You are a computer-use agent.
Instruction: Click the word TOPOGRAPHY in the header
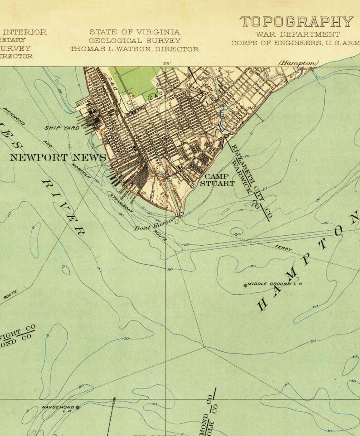[x=297, y=22]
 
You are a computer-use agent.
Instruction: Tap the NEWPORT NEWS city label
[x=58, y=158]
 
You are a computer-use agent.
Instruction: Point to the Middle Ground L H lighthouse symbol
[x=246, y=285]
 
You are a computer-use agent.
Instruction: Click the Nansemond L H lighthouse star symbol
[x=78, y=407]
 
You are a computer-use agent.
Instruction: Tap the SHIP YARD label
[x=62, y=128]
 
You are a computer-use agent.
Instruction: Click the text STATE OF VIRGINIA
[x=135, y=32]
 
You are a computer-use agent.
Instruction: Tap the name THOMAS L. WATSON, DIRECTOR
[x=135, y=49]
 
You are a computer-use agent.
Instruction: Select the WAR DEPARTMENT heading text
[x=297, y=34]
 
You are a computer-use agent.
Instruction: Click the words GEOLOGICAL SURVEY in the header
[x=135, y=40]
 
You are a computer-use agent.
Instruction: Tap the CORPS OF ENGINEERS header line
[x=295, y=44]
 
